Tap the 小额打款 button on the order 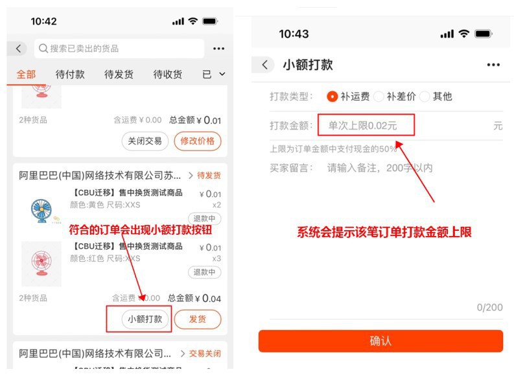pos(146,319)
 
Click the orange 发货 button pos(198,319)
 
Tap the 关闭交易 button pos(145,140)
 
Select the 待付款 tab pos(70,75)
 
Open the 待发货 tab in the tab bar pos(119,75)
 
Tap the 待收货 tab pos(167,75)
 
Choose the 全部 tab pos(26,75)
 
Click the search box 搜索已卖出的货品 pos(120,49)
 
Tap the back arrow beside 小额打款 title pos(264,65)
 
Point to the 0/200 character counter pos(489,307)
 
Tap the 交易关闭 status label pos(204,354)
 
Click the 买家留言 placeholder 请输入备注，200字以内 pos(380,168)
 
